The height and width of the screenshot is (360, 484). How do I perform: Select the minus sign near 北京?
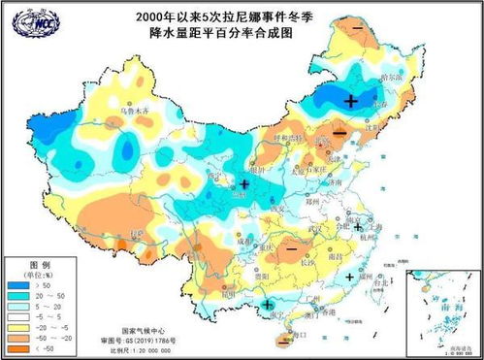338,132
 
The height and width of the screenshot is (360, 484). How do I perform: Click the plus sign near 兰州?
244,183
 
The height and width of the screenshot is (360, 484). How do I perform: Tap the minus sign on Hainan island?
283,339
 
